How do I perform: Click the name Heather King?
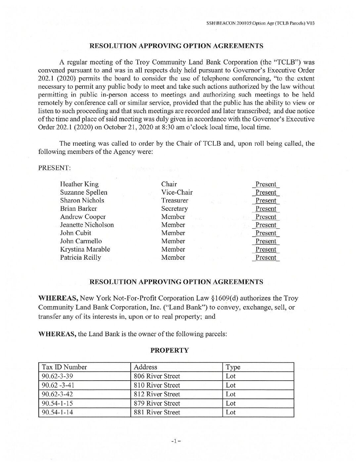tap(79, 184)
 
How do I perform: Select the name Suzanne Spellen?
tap(83, 192)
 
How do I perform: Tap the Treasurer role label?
tap(174, 201)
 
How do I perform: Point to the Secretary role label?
tap(174, 209)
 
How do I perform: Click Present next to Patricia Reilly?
tap(266, 257)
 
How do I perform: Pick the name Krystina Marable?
tap(85, 249)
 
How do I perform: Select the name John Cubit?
tap(75, 233)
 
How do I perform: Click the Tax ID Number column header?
tap(64, 367)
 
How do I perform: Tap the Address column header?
tap(145, 367)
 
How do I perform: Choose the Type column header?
tap(233, 367)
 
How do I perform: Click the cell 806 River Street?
tap(157, 376)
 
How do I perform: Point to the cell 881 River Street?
tap(157, 412)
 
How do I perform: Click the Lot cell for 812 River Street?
tap(231, 394)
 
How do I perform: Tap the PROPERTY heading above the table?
tap(169, 350)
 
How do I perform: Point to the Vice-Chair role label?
tap(177, 192)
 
